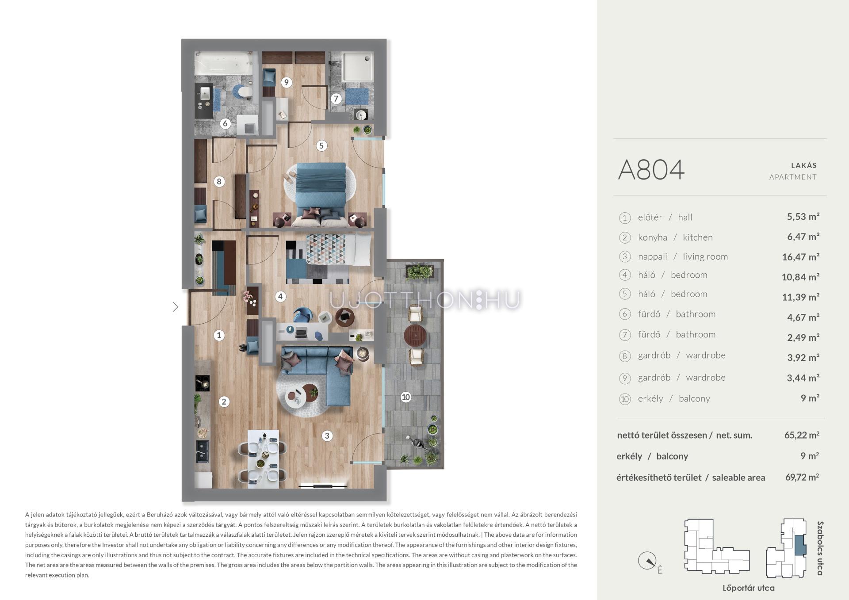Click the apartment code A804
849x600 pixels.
[x=651, y=170]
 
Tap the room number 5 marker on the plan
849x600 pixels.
[x=321, y=145]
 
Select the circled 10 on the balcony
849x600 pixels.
[x=405, y=397]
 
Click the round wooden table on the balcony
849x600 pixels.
[x=416, y=336]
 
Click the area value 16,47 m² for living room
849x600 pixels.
[x=800, y=257]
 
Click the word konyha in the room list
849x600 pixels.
[x=652, y=237]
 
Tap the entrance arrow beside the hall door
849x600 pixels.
[x=176, y=307]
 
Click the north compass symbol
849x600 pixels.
[x=647, y=561]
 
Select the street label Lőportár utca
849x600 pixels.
[x=748, y=588]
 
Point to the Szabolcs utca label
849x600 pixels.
[x=820, y=548]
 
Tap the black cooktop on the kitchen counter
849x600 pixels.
[x=203, y=383]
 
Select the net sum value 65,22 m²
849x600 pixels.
[x=802, y=435]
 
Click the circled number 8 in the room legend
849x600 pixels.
[x=624, y=356]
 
